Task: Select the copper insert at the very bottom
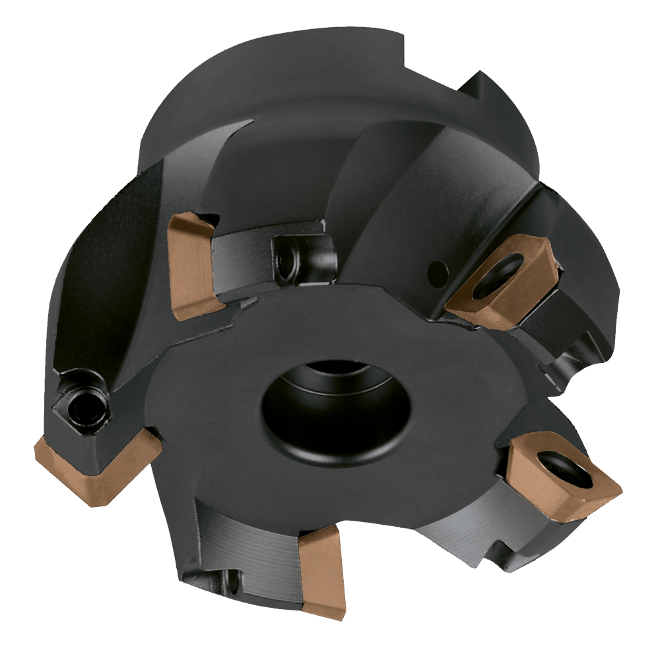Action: click(321, 574)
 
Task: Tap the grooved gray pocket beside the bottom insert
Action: click(244, 538)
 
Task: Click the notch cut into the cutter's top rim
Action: click(478, 92)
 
